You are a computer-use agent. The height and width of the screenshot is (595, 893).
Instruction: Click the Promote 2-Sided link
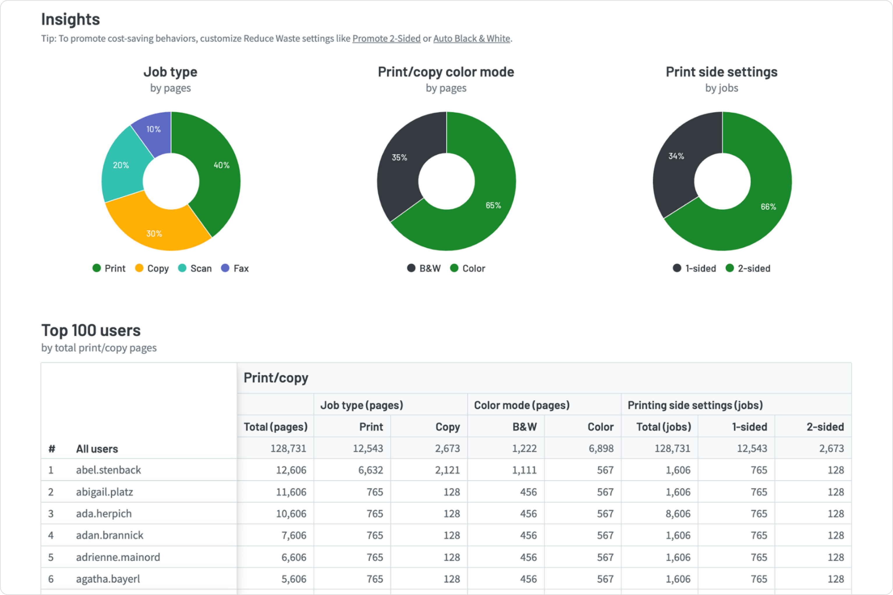[386, 38]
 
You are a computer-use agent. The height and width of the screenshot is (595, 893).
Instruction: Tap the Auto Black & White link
[471, 38]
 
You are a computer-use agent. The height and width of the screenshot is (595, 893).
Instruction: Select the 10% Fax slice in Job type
[154, 131]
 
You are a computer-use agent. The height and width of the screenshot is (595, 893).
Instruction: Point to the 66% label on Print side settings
[768, 207]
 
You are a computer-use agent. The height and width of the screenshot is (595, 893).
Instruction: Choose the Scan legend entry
[195, 268]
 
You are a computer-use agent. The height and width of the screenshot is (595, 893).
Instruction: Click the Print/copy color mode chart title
[446, 72]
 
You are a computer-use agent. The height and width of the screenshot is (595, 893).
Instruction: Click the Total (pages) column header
[275, 426]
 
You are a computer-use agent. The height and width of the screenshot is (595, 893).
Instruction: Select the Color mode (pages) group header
[522, 405]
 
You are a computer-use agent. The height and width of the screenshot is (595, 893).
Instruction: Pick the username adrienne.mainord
[118, 557]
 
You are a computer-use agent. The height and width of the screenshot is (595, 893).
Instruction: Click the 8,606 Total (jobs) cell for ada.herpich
[678, 513]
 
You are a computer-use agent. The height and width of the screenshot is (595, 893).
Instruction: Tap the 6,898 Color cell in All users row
[601, 448]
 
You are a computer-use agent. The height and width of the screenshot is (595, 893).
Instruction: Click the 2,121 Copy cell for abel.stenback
[447, 470]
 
